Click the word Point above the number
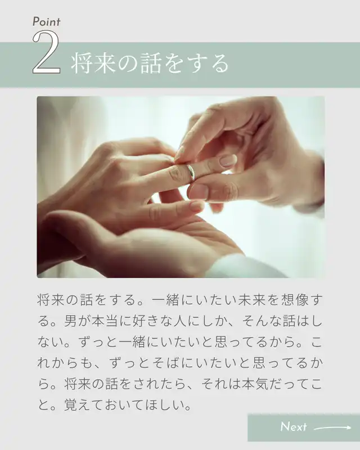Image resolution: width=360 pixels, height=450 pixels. [x=46, y=22]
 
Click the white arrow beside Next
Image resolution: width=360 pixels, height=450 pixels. [x=332, y=427]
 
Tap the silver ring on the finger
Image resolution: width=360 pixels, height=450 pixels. [x=191, y=172]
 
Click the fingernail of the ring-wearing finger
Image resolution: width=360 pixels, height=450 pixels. [x=228, y=161]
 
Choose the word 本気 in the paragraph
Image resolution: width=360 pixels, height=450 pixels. [x=255, y=384]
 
